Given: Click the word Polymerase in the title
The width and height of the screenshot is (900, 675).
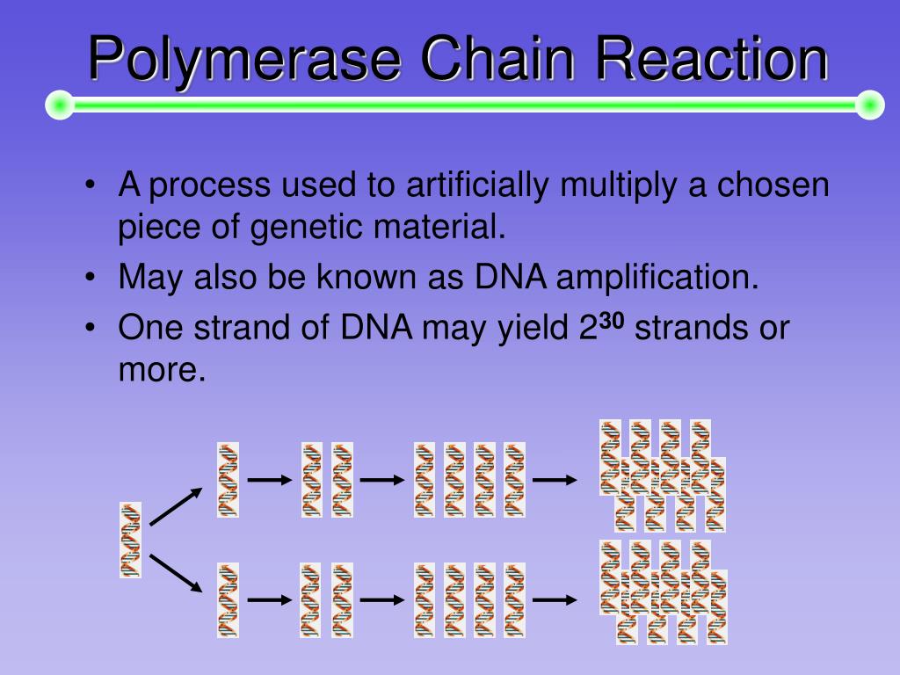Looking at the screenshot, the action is coord(244,60).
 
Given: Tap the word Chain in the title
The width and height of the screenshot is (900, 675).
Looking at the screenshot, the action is coord(497,58).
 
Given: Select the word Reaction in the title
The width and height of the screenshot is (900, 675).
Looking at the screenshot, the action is coord(712,58).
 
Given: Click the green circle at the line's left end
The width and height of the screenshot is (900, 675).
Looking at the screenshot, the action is coord(60,105).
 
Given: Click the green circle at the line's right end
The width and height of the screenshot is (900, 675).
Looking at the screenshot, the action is coord(870,105).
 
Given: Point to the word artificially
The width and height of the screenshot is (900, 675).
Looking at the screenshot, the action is coord(477,186).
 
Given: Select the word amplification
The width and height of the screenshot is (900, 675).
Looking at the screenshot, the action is coord(657,278).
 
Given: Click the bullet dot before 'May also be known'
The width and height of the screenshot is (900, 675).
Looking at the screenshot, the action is coord(90,277).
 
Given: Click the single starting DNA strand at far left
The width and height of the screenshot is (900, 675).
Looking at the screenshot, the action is coord(130,540).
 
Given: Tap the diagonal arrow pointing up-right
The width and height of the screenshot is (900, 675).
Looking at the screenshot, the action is coord(176,506).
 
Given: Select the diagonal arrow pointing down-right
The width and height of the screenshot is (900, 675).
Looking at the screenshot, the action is coord(176,573).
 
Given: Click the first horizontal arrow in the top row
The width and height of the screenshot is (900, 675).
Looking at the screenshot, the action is coord(270,480).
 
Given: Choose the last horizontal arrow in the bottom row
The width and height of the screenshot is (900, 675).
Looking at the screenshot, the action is coord(555,599).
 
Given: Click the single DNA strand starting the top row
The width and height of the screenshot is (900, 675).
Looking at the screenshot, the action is coord(228,480).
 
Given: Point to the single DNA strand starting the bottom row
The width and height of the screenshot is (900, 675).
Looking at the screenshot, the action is coord(228,599).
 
